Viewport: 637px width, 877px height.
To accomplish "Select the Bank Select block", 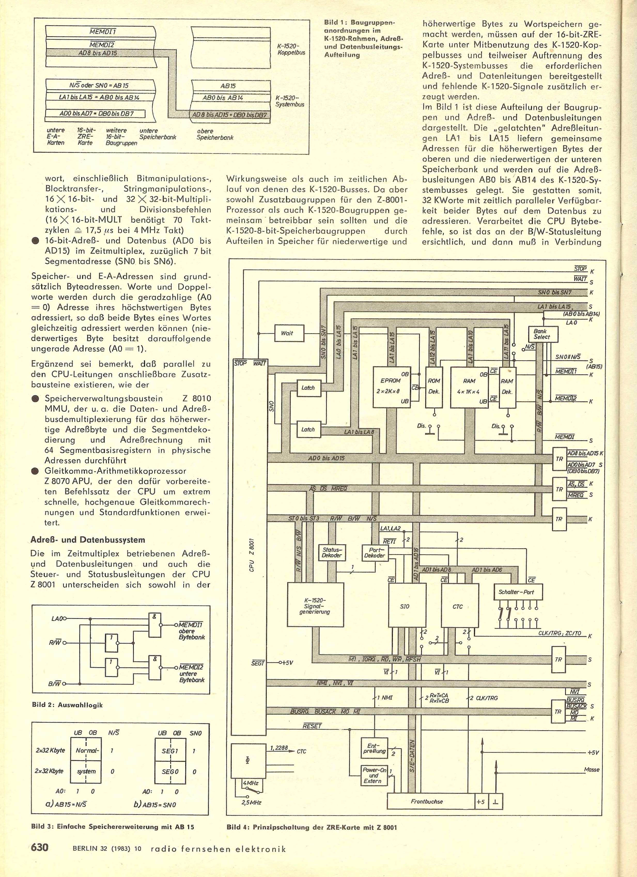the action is [x=543, y=334].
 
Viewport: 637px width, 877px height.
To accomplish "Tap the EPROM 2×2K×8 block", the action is [x=390, y=387].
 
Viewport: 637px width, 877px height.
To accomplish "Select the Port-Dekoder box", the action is [x=375, y=552].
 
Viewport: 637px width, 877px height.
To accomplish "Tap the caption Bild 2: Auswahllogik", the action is [x=67, y=705].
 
